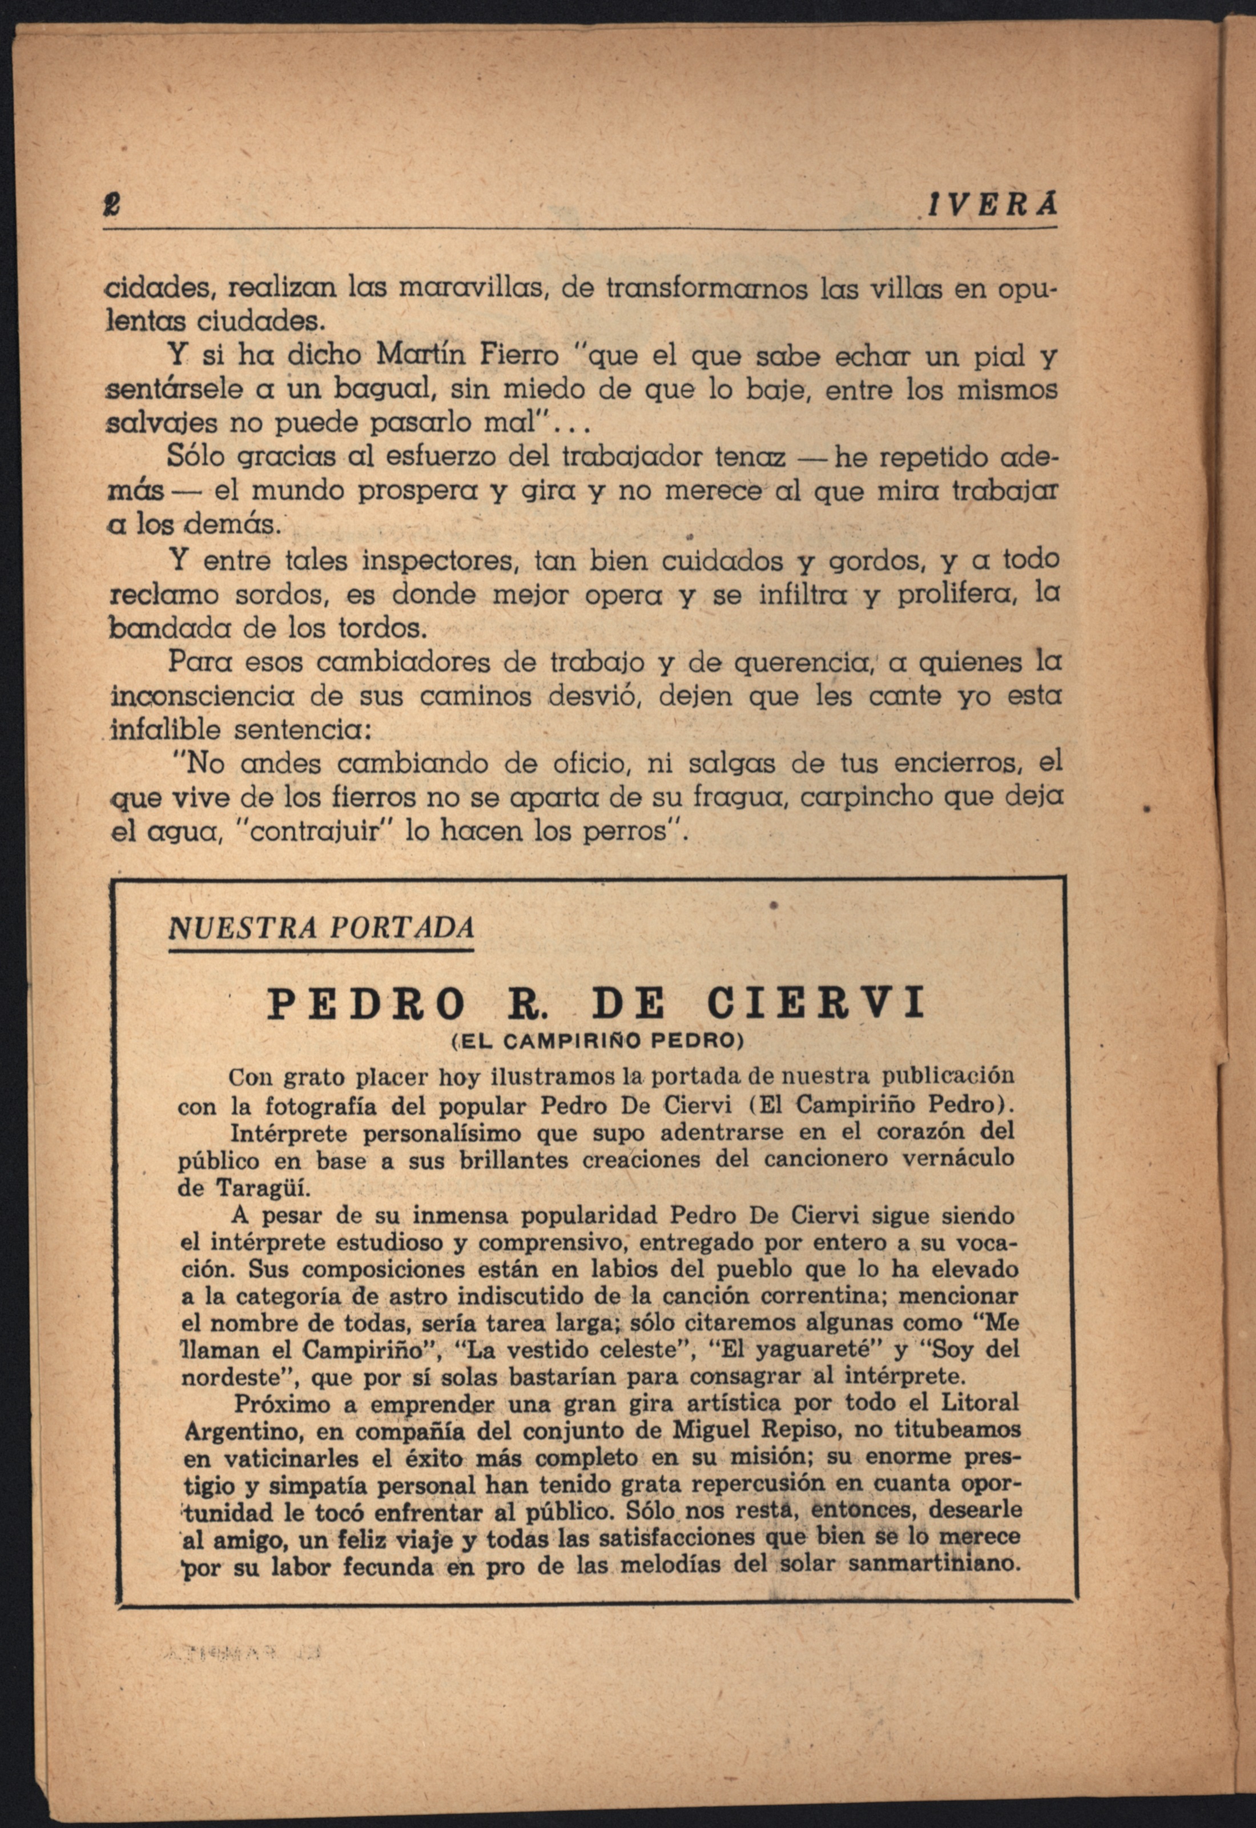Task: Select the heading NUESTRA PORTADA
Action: (x=321, y=927)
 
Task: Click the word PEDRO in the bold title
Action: (x=367, y=1004)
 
